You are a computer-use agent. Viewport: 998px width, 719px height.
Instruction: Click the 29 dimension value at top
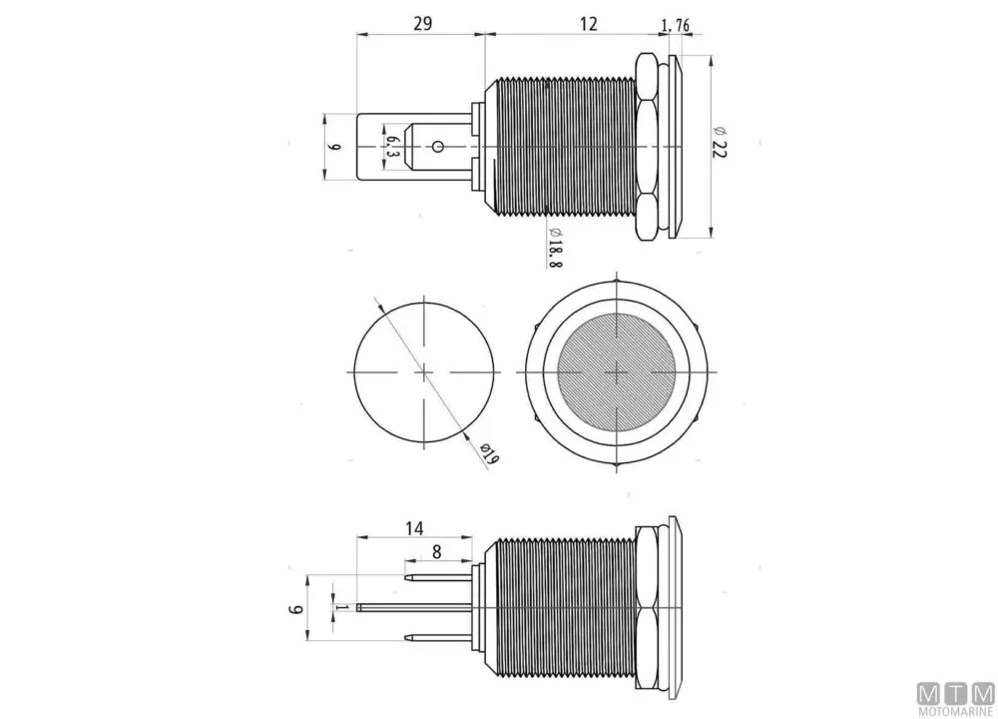coord(422,24)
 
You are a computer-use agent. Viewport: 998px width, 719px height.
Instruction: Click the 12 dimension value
coord(589,24)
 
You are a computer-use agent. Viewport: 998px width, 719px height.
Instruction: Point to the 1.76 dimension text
coord(676,26)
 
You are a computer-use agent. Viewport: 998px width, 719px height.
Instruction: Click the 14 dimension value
coord(414,528)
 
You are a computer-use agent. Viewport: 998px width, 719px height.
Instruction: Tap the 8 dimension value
coord(437,551)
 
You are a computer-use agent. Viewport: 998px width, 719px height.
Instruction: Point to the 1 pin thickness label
coord(341,607)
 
